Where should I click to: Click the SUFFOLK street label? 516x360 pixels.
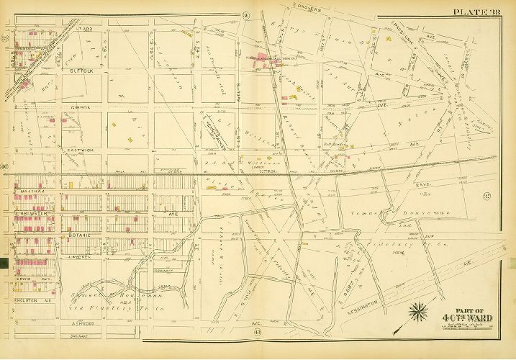(85, 71)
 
